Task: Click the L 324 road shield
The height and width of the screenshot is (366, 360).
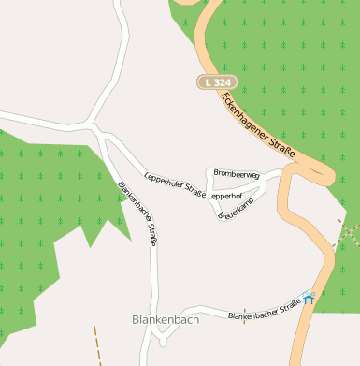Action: (215, 83)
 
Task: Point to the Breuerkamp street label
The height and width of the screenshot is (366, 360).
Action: (236, 208)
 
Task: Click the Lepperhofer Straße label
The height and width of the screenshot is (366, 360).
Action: (176, 183)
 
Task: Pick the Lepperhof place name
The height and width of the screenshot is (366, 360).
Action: (224, 197)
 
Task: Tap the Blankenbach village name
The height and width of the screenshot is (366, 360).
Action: (166, 319)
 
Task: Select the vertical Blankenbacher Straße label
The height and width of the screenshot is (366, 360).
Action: (137, 213)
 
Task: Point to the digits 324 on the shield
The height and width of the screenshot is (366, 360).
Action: (220, 83)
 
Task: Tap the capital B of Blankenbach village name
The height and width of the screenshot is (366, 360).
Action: (137, 319)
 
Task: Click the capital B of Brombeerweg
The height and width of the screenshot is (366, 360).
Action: (216, 173)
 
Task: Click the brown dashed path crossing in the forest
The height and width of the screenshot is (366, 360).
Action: (345, 230)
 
